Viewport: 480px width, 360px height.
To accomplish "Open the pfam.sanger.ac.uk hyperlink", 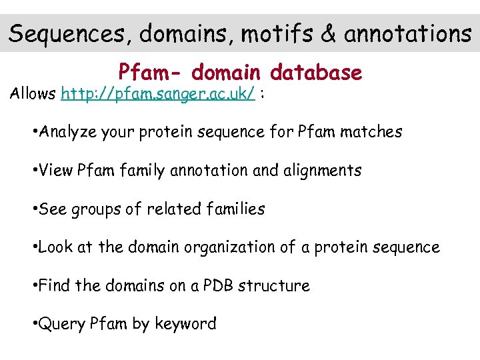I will click(x=158, y=94).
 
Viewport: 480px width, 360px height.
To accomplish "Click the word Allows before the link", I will click(x=32, y=94).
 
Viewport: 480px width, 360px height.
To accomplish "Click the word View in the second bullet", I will click(x=55, y=171).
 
